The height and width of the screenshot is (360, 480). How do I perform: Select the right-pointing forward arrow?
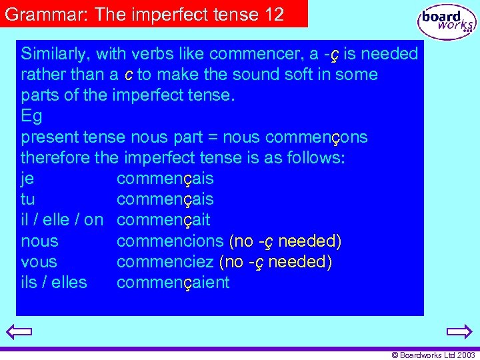point(459,331)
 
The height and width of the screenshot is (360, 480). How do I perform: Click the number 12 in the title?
point(273,13)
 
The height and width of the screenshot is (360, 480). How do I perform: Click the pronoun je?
point(27,179)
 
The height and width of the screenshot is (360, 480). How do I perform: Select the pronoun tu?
point(28,199)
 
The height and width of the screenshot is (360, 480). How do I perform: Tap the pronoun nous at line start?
point(39,241)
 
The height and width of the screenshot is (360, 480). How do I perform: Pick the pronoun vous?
point(39,261)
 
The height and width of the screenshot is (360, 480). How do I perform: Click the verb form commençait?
point(163,220)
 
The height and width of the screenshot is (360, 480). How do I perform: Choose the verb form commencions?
point(169,241)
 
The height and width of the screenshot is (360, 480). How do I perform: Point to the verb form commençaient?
point(173,283)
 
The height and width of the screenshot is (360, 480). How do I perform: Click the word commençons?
point(316,137)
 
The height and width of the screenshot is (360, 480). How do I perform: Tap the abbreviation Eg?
point(31,117)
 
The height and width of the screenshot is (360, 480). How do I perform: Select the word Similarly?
point(55,54)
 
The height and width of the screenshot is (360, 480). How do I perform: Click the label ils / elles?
point(54,282)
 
